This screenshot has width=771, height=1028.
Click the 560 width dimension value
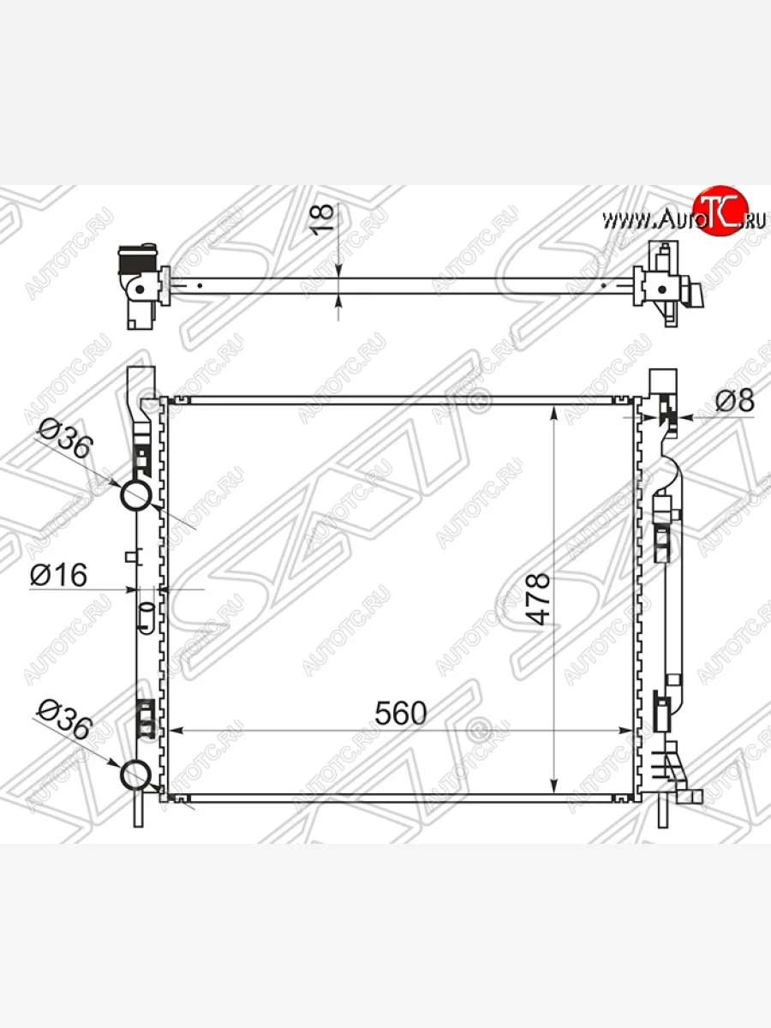401,713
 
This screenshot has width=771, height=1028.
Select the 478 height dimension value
538,599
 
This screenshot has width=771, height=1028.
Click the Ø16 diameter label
58,575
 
